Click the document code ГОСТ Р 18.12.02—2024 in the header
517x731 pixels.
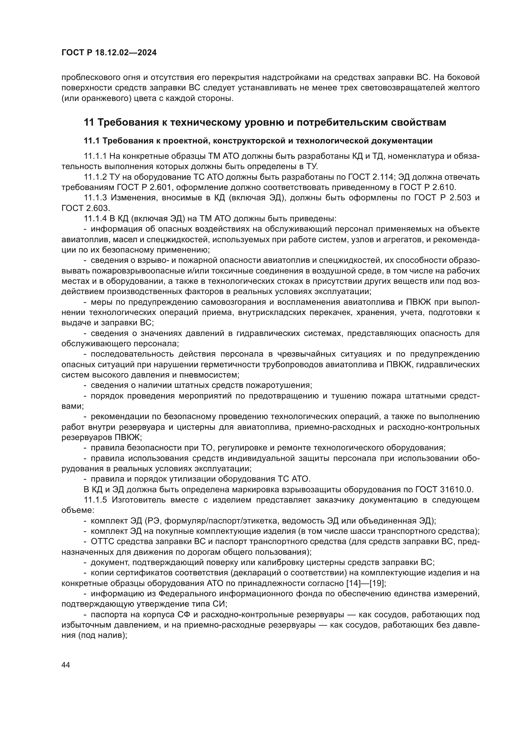click(x=109, y=53)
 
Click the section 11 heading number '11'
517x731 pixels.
click(x=88, y=123)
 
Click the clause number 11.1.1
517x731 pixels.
click(x=95, y=156)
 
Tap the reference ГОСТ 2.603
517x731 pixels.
click(x=86, y=208)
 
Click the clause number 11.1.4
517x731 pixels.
click(x=95, y=219)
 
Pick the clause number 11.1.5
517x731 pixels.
click(x=95, y=499)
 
